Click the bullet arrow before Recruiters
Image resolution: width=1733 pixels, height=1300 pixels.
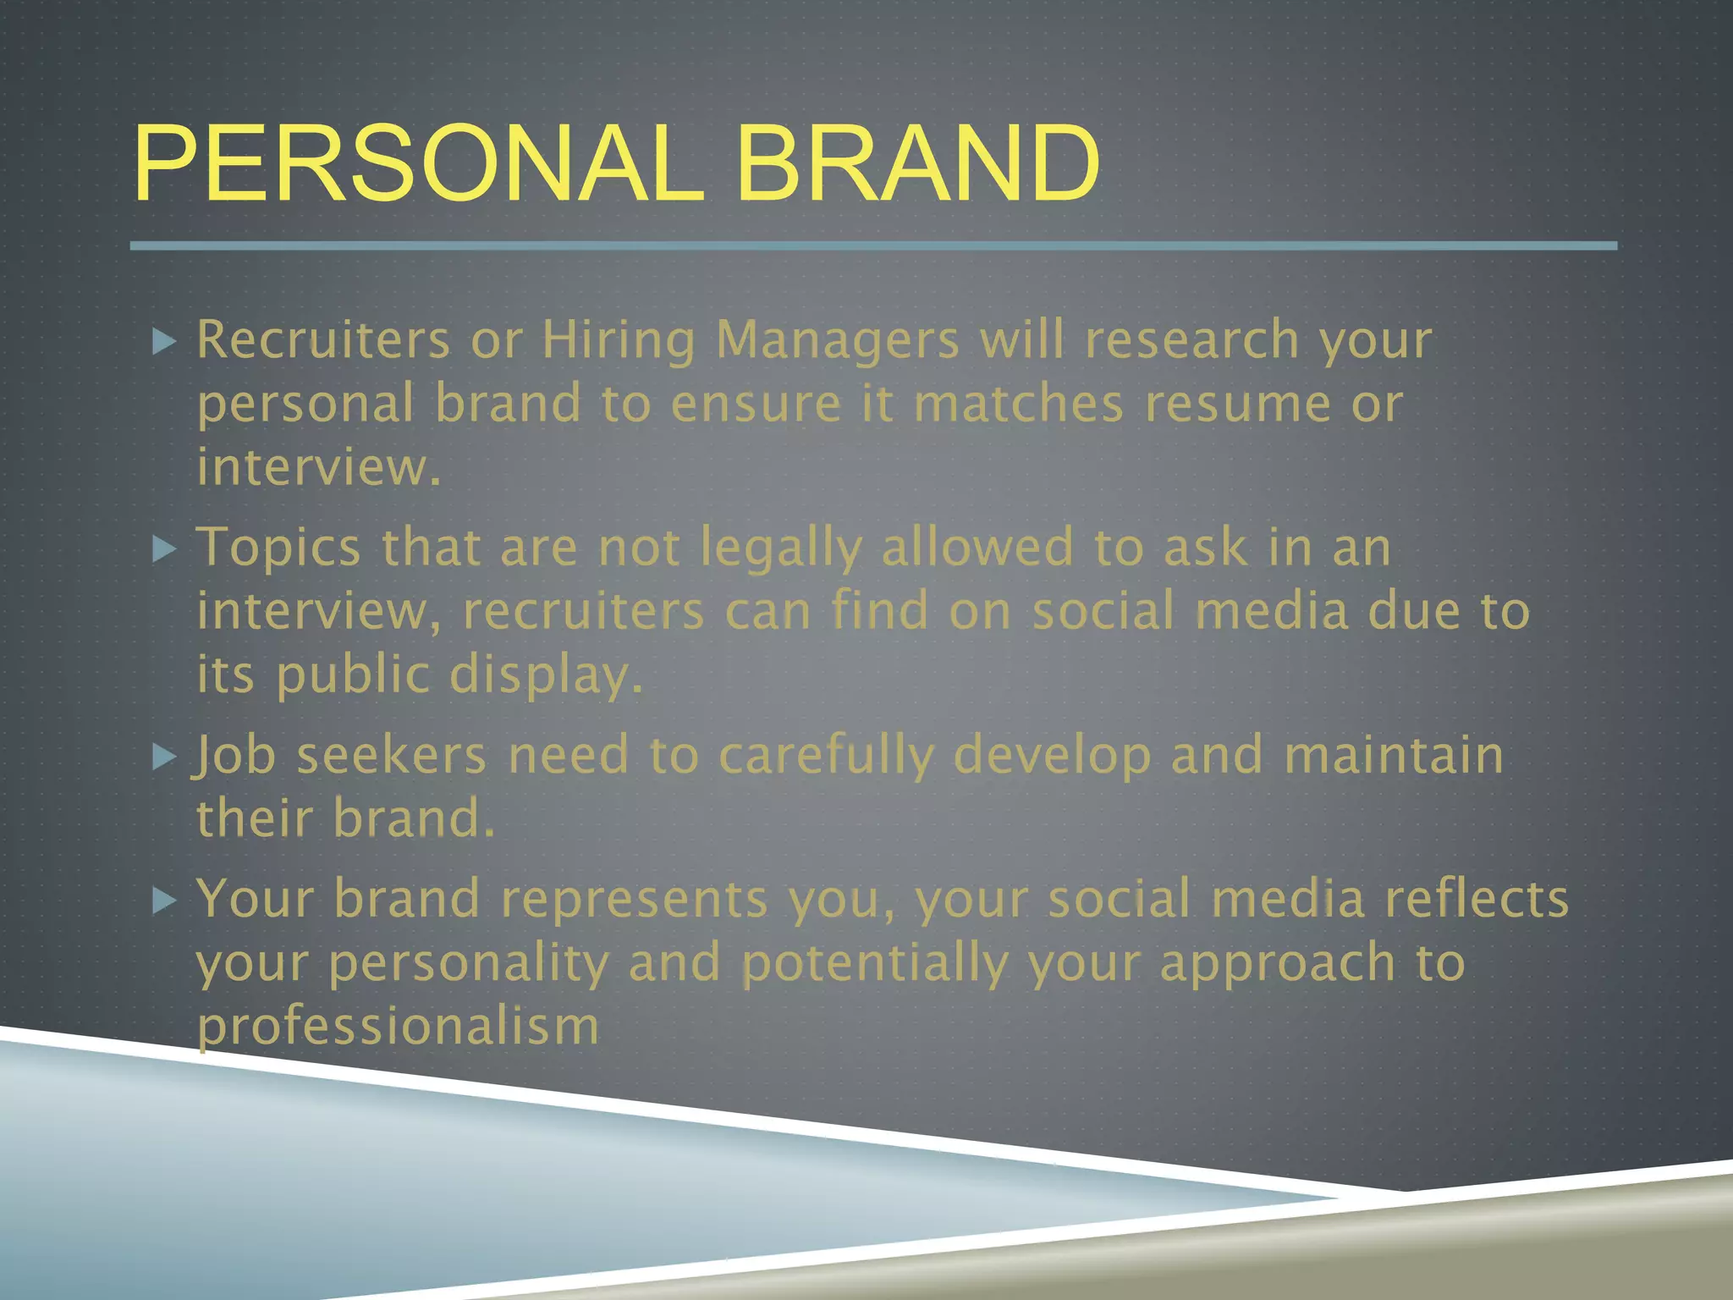pos(164,342)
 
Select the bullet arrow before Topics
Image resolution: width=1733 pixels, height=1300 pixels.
pos(164,550)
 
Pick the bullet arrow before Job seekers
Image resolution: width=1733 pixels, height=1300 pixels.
pos(164,757)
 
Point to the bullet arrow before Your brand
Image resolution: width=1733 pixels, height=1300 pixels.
pos(164,901)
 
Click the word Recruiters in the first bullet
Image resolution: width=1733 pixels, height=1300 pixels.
pos(323,340)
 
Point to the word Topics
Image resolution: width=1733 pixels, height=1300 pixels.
pos(279,548)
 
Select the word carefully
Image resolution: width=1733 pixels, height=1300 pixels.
pos(826,757)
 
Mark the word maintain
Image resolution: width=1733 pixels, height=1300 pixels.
pos(1393,755)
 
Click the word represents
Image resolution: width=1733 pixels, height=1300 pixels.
pos(634,901)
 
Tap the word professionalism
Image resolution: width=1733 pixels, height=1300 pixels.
pos(398,1027)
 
